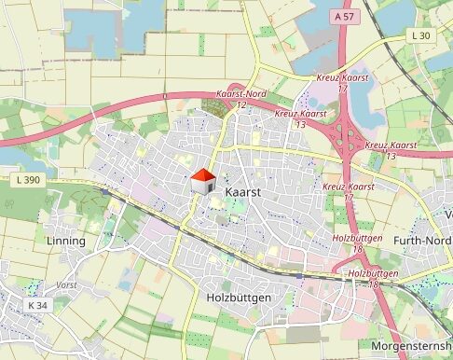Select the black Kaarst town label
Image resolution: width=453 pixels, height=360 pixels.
(242, 191)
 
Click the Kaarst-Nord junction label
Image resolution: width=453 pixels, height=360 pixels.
(240, 94)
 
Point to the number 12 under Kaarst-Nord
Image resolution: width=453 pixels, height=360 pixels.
(240, 104)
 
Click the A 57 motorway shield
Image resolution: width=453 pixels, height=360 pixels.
(343, 17)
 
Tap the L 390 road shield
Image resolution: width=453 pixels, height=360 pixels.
(31, 178)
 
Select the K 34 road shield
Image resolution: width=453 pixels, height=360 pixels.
(36, 305)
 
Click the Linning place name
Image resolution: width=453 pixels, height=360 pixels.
(65, 241)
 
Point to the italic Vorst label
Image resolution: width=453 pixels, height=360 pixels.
(67, 284)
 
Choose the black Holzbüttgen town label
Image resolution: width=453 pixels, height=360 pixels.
(238, 298)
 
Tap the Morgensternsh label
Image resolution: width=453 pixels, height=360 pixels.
(411, 344)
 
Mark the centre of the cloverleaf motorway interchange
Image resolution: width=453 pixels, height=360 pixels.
(349, 138)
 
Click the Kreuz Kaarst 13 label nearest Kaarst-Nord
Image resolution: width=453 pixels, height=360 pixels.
(301, 114)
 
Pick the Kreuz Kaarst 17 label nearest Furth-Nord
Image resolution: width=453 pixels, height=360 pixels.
(348, 187)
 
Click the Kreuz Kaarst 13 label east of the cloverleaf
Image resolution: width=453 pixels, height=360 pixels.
(391, 145)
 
